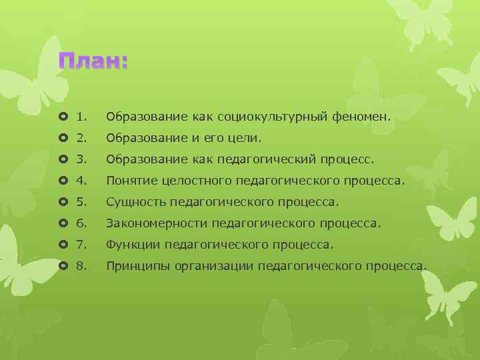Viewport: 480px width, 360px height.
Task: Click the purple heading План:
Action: coord(93,61)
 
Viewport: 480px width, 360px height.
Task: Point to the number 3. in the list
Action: coord(82,160)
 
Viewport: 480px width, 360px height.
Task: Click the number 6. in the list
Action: coord(82,223)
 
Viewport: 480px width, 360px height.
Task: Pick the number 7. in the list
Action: coord(82,245)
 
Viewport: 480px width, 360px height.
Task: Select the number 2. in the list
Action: coord(82,139)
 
